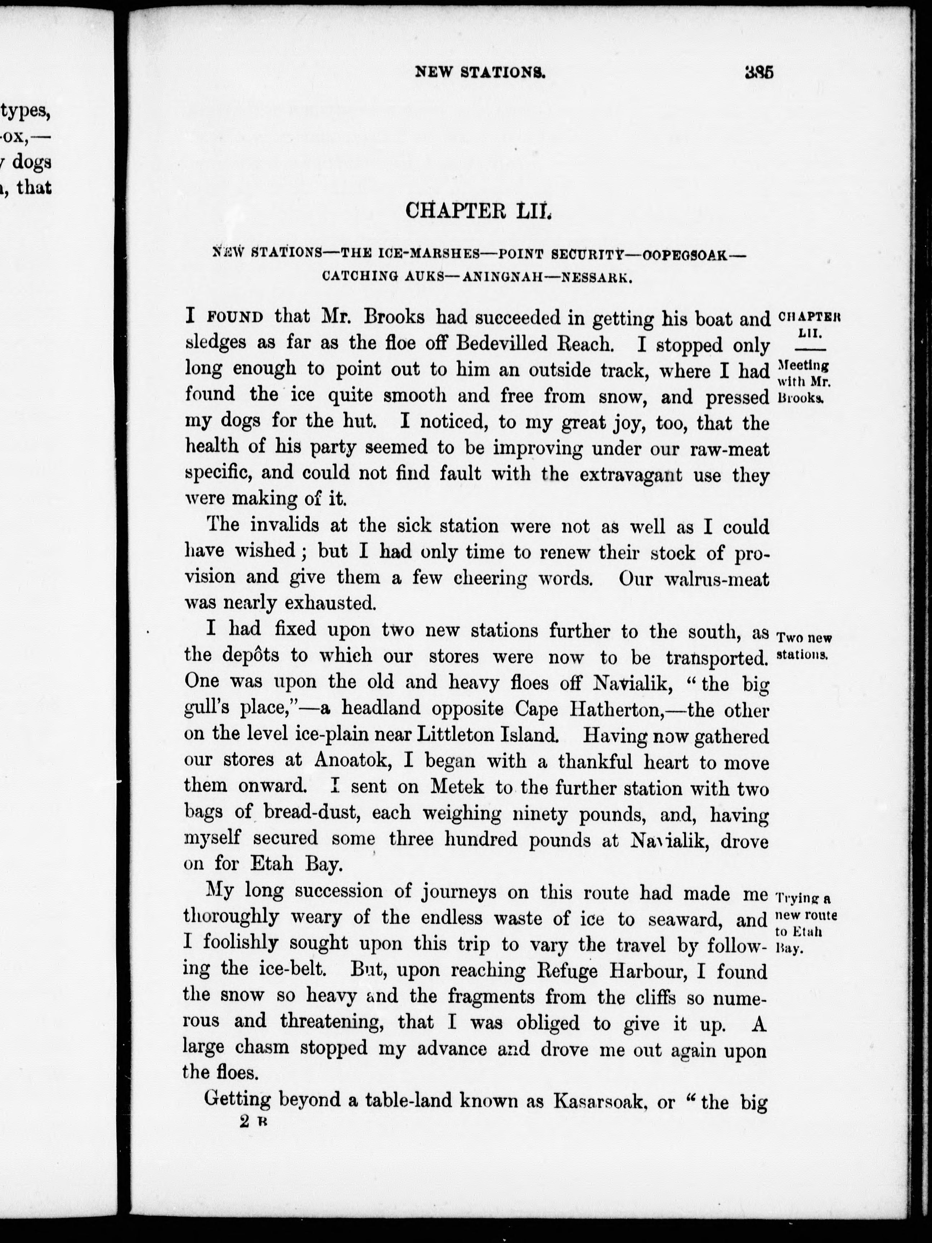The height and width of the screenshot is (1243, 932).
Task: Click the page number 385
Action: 759,72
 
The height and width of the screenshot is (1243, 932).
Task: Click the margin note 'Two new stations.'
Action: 803,646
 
